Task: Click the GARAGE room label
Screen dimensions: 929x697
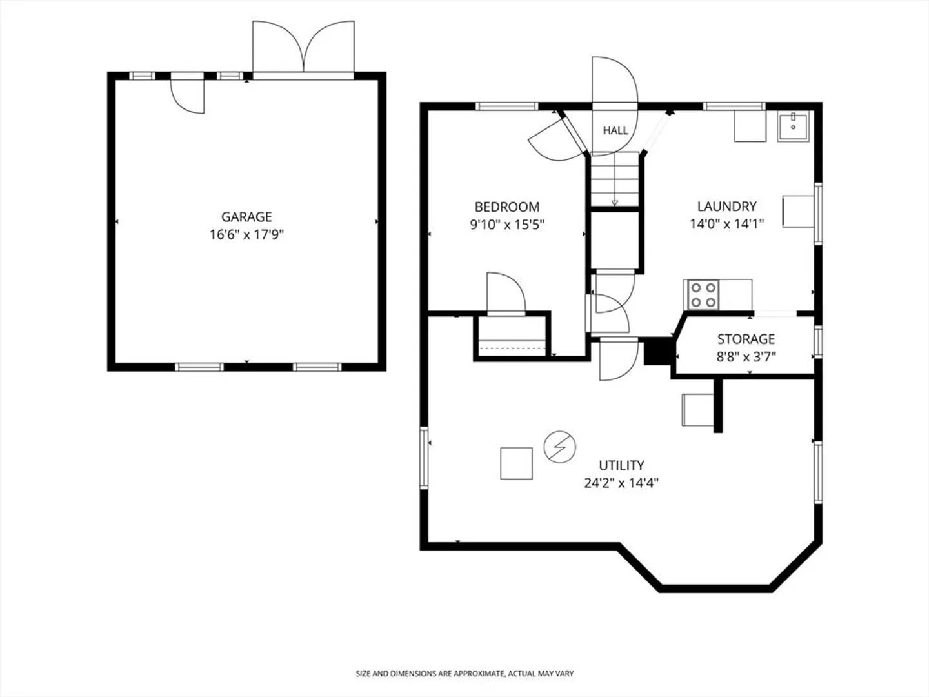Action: [246, 217]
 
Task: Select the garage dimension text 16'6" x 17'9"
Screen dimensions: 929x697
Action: [246, 234]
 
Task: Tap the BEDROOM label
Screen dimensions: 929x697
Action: [507, 207]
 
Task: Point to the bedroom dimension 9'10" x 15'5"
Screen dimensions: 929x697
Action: [507, 225]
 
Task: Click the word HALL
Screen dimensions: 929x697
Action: [615, 130]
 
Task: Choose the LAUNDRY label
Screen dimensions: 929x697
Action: [726, 207]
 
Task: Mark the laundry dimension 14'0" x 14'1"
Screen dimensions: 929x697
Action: [726, 224]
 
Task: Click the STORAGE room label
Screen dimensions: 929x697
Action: [746, 339]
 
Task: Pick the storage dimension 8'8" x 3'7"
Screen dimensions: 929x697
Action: [746, 357]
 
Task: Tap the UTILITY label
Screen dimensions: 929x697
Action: [621, 465]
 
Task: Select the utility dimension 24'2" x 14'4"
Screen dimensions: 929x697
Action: [621, 483]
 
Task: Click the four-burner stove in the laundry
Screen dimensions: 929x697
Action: [701, 294]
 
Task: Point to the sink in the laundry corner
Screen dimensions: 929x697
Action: [793, 126]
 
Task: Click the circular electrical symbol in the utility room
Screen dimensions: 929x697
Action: [559, 447]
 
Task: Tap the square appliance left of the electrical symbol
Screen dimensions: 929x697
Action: [516, 463]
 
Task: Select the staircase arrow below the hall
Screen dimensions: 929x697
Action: [615, 179]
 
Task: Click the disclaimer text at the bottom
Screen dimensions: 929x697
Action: [464, 674]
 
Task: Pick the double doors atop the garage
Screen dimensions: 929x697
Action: [303, 46]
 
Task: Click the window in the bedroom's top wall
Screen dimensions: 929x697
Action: [506, 106]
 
